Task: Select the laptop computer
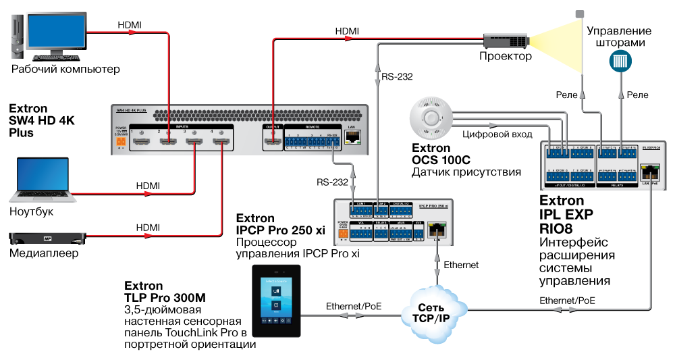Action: tap(43, 180)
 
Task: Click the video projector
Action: tap(506, 41)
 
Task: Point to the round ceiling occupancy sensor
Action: tap(431, 120)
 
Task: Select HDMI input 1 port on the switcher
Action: tap(142, 142)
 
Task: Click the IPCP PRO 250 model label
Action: tap(433, 204)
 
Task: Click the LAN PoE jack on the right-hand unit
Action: tap(649, 171)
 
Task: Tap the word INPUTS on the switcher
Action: tap(182, 126)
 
